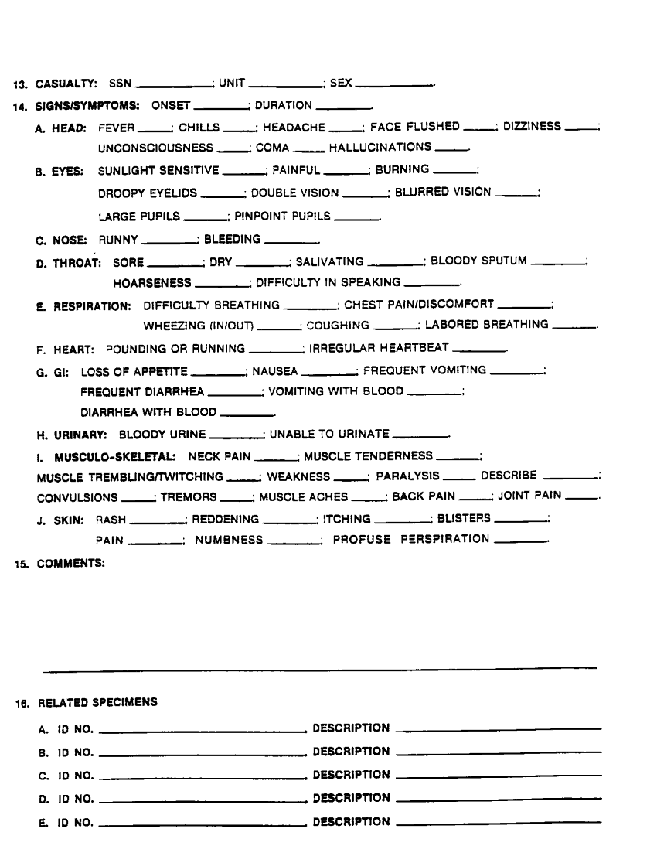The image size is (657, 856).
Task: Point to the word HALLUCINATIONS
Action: pos(380,147)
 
